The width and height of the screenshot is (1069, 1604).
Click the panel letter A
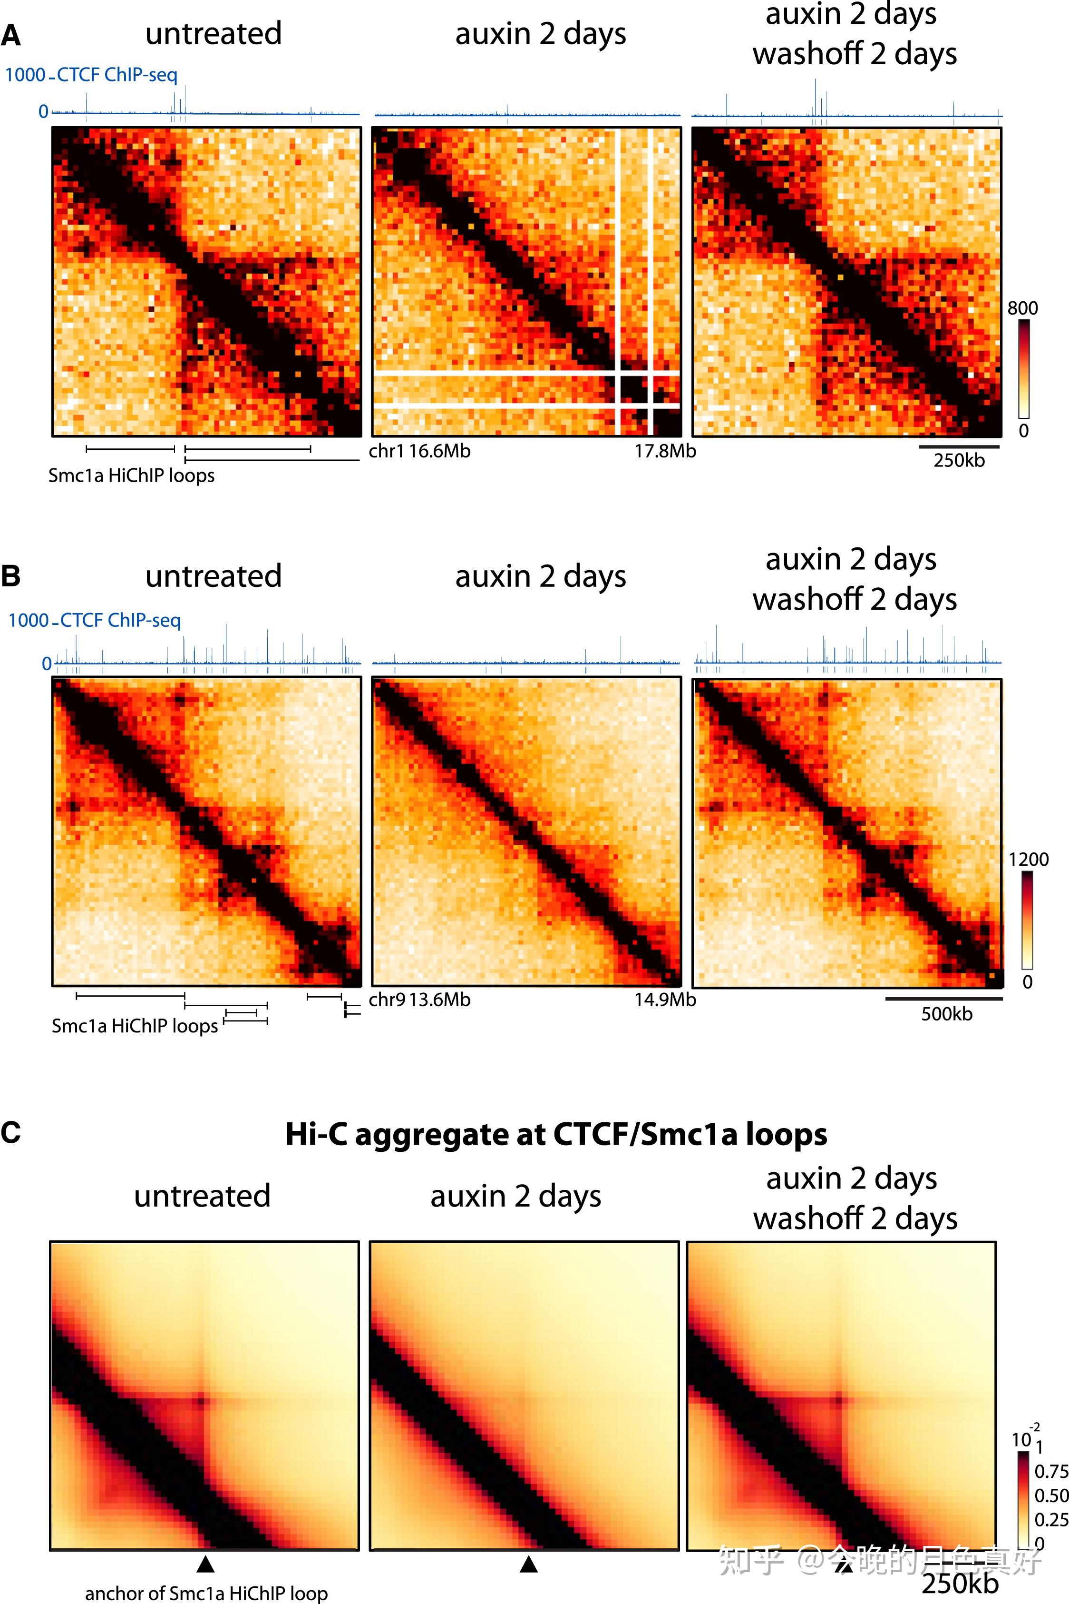[x=11, y=36]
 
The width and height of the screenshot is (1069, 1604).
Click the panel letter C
[x=11, y=1132]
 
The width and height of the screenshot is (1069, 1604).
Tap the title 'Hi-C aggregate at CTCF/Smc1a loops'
[x=555, y=1134]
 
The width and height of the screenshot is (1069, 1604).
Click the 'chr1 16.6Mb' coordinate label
[x=419, y=451]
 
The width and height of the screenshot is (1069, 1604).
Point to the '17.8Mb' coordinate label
[x=665, y=451]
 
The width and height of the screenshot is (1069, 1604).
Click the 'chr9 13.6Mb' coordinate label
[x=419, y=1000]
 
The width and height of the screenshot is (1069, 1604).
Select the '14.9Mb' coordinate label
[x=665, y=1000]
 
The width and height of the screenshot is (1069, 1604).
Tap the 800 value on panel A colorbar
[x=1023, y=308]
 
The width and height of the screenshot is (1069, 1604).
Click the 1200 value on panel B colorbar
[x=1028, y=859]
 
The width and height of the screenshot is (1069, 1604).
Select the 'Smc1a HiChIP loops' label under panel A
[x=131, y=475]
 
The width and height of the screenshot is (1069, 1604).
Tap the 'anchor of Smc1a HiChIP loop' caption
[x=206, y=1593]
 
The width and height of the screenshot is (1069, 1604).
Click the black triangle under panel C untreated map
[x=205, y=1563]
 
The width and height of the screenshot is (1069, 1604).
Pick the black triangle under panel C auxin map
[x=528, y=1563]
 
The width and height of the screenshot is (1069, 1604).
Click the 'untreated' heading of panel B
[x=214, y=576]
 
